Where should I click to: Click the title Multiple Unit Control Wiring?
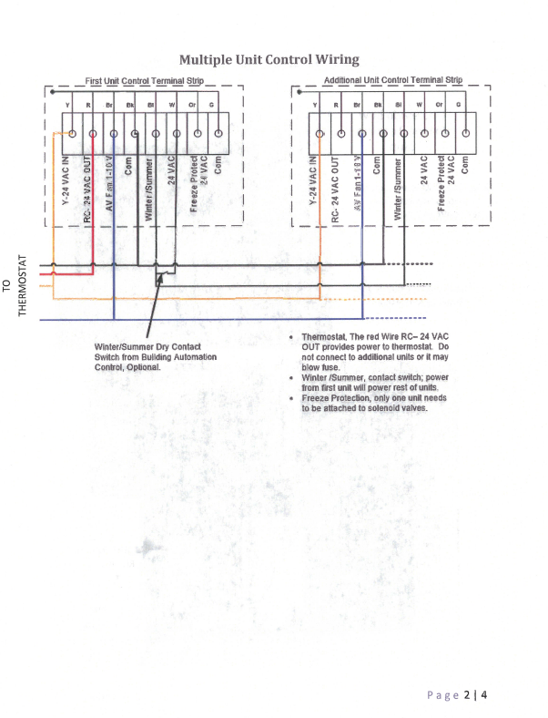tap(269, 60)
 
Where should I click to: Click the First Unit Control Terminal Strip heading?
tap(145, 81)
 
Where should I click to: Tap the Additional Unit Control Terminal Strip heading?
tap(393, 80)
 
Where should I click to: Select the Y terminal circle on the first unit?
tap(70, 133)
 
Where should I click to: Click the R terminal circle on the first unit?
tap(92, 134)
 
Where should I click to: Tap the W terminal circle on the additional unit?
tap(422, 134)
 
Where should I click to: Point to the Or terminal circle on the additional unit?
tap(444, 134)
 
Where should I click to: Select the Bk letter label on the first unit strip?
tap(132, 105)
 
